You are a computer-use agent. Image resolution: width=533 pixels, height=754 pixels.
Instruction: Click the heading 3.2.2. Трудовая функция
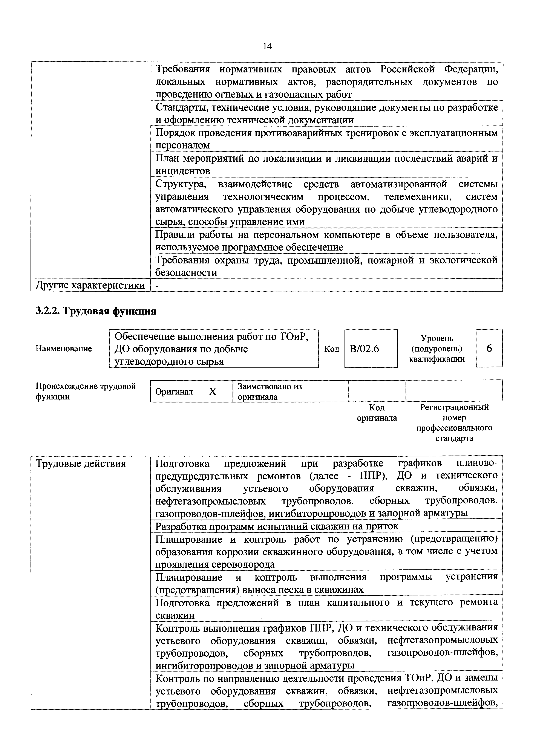pos(96,311)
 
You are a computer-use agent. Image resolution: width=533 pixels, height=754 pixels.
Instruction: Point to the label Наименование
pos(63,349)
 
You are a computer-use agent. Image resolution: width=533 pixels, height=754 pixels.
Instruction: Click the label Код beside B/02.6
pos(331,349)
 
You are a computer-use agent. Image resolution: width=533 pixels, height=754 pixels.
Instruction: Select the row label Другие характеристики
pos(90,285)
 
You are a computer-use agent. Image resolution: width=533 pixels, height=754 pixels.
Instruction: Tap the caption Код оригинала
pos(377,413)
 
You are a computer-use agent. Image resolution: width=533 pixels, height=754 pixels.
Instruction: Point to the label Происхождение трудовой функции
pos(85,391)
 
